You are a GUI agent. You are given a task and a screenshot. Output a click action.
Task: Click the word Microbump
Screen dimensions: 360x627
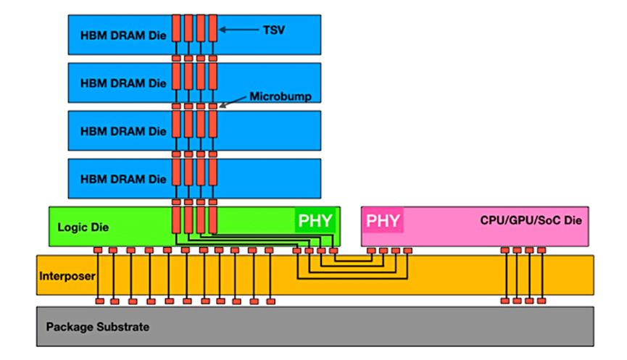(x=275, y=96)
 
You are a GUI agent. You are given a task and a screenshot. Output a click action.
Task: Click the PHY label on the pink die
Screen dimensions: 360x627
(x=382, y=220)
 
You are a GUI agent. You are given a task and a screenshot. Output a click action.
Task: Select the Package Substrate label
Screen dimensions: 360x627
(x=97, y=327)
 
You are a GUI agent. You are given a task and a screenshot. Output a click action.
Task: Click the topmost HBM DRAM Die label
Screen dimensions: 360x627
(x=123, y=35)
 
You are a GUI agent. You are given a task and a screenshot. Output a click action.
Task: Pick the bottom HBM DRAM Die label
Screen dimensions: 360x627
(x=123, y=179)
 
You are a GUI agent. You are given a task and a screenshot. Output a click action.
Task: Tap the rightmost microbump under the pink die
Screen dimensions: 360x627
(x=541, y=251)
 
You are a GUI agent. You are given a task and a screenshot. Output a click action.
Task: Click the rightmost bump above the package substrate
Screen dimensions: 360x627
(x=541, y=301)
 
